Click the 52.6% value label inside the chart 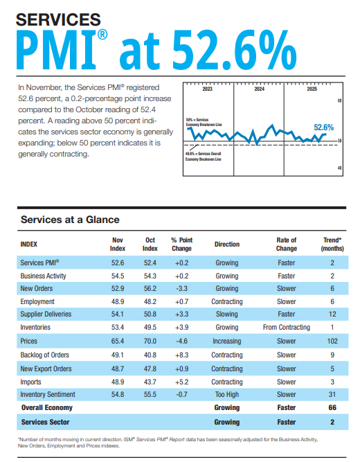pyautogui.click(x=323, y=127)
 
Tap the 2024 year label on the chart pyautogui.click(x=259, y=90)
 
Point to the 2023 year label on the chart pyautogui.click(x=207, y=90)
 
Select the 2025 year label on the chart pyautogui.click(x=312, y=90)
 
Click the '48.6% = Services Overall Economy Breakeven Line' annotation pyautogui.click(x=204, y=156)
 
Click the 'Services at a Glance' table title pyautogui.click(x=70, y=220)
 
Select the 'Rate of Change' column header pyautogui.click(x=286, y=244)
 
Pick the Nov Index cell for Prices pyautogui.click(x=118, y=341)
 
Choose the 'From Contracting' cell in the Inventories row pyautogui.click(x=286, y=328)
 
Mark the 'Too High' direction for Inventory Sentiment pyautogui.click(x=226, y=394)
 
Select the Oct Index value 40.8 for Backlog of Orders pyautogui.click(x=150, y=355)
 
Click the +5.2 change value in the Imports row pyautogui.click(x=181, y=381)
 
